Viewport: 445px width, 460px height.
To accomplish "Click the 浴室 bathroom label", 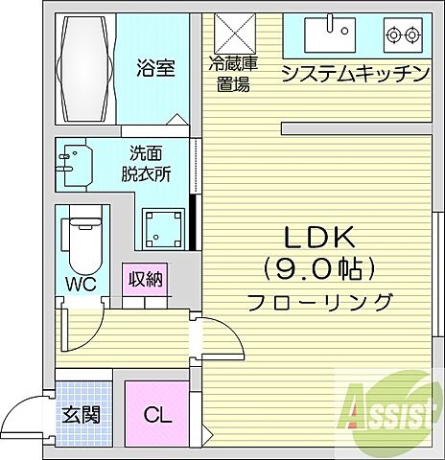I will point(154,69).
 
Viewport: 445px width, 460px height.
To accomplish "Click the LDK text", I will point(319,237).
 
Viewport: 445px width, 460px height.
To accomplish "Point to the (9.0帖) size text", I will point(319,268).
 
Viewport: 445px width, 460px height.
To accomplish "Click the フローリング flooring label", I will point(319,302).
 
